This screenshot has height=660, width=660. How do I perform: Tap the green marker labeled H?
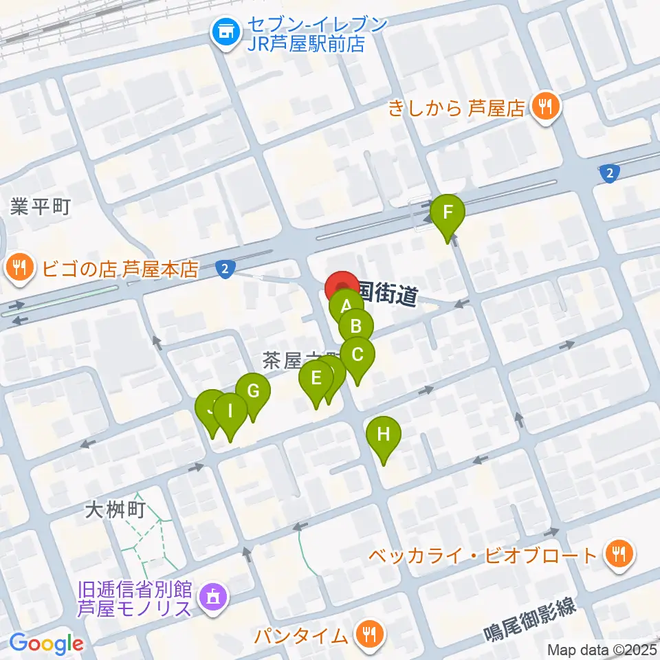tap(383, 435)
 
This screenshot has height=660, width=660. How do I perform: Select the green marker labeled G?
tap(253, 392)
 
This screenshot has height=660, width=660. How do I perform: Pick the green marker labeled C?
tap(357, 355)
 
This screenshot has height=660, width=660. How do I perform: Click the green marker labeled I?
tap(230, 412)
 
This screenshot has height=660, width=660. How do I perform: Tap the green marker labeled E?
tap(316, 379)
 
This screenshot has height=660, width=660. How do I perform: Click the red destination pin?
tap(342, 287)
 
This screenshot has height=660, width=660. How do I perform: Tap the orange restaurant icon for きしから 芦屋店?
tap(547, 107)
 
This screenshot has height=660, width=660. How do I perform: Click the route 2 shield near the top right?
tap(608, 175)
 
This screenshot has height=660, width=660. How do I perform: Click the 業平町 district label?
tap(40, 207)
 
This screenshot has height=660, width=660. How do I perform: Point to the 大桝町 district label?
tap(115, 509)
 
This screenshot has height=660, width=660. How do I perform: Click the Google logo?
tap(47, 643)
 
